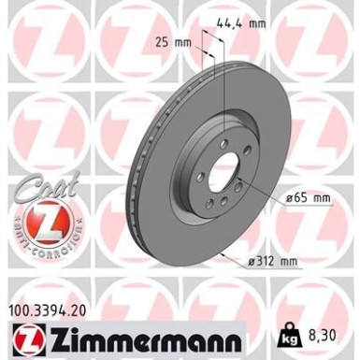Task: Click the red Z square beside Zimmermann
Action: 23,335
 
